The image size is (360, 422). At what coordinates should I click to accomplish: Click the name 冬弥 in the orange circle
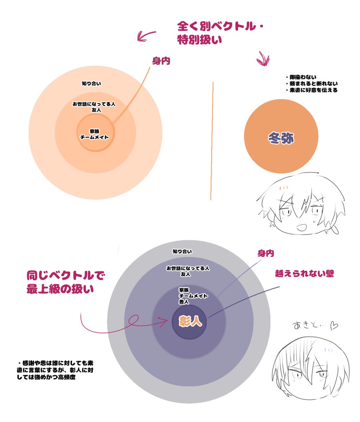(x=281, y=138)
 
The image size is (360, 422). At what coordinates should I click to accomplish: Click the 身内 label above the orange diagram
(x=161, y=61)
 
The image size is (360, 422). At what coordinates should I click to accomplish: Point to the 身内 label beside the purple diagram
(x=265, y=254)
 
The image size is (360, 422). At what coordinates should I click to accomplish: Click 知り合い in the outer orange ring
(x=91, y=83)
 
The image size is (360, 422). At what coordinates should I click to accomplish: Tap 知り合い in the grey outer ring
(x=182, y=251)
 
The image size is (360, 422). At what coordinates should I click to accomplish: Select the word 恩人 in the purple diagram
(x=184, y=302)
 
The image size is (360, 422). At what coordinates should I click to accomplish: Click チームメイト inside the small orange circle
(x=95, y=138)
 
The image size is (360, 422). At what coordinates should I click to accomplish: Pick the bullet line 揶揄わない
(x=301, y=77)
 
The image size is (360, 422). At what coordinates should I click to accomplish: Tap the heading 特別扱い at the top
(x=199, y=40)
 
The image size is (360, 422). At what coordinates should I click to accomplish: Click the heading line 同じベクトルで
(x=66, y=276)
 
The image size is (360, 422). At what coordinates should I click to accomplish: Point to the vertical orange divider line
(x=212, y=141)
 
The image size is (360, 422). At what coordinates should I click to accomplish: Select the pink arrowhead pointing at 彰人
(x=164, y=322)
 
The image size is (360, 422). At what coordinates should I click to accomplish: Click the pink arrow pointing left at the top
(x=146, y=36)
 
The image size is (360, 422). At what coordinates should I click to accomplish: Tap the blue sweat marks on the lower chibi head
(x=328, y=350)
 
